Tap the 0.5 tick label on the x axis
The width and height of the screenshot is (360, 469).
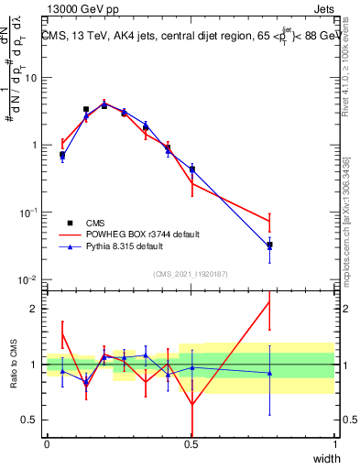pyautogui.click(x=191, y=442)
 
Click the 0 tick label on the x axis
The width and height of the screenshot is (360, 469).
pyautogui.click(x=47, y=442)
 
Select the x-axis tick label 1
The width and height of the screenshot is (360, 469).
pyautogui.click(x=334, y=442)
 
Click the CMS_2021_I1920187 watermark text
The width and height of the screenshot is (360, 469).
pyautogui.click(x=191, y=273)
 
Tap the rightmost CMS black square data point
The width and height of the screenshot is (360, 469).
pyautogui.click(x=269, y=245)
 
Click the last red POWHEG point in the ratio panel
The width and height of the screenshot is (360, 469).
pyautogui.click(x=269, y=302)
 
